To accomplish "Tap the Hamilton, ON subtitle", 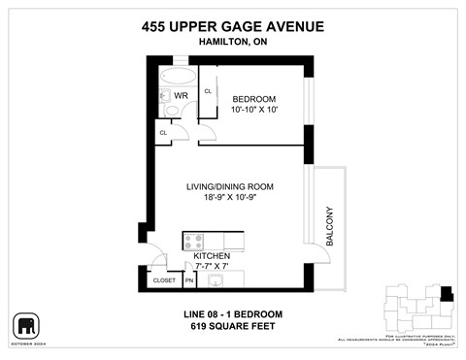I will (232, 43).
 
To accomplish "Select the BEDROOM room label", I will (254, 99).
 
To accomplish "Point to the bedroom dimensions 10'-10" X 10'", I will (254, 110).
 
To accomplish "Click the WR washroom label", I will (181, 95).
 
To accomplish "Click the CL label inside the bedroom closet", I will (208, 92).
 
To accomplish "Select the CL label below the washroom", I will (163, 132).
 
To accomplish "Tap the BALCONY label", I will (329, 225).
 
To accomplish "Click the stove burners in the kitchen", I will (193, 241).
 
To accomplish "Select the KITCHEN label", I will (210, 256).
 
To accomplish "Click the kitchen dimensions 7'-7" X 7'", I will (210, 266).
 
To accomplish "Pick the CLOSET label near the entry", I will (163, 280).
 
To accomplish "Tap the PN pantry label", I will (190, 281).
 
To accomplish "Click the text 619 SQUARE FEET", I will (232, 327).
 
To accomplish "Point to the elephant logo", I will (24, 325).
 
